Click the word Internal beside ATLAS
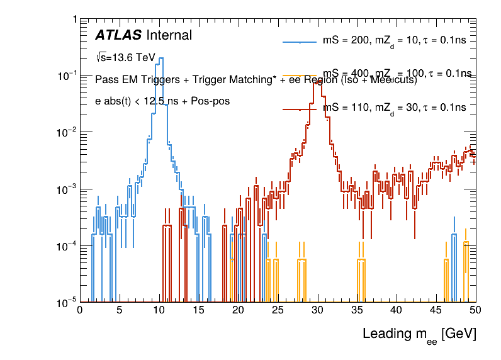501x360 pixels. [x=169, y=36]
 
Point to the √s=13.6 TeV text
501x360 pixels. [x=125, y=57]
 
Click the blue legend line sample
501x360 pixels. [x=300, y=42]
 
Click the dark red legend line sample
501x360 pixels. [x=300, y=108]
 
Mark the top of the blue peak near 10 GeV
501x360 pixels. [x=161, y=59]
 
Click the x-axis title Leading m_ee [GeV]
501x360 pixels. [x=419, y=334]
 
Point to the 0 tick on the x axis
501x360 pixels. [x=79, y=310]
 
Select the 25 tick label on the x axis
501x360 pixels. [x=278, y=310]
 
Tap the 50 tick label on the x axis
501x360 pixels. [x=475, y=310]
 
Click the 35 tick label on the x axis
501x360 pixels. [x=357, y=310]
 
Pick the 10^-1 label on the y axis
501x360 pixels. [x=65, y=76]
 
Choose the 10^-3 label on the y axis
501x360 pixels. [x=65, y=189]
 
